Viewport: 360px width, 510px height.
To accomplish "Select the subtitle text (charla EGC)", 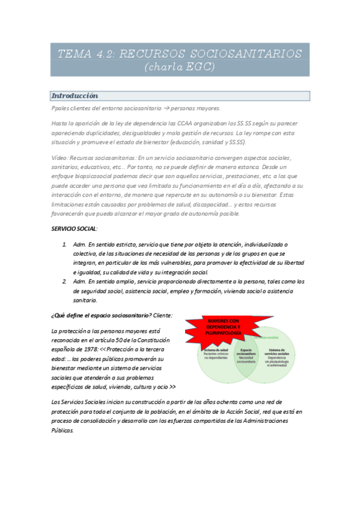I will (x=180, y=67).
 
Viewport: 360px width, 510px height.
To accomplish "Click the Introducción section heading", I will (x=75, y=96).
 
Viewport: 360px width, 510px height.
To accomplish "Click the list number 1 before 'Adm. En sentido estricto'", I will (x=64, y=245).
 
